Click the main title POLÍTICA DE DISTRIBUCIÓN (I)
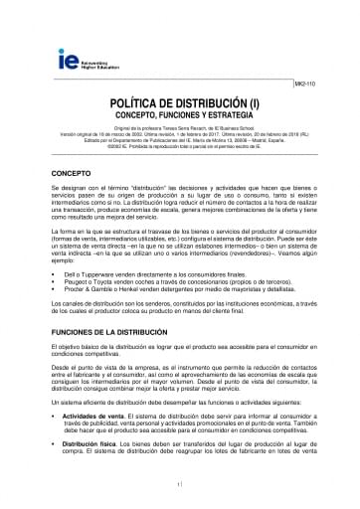[x=180, y=102]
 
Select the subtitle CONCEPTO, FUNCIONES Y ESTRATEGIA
[x=180, y=115]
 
